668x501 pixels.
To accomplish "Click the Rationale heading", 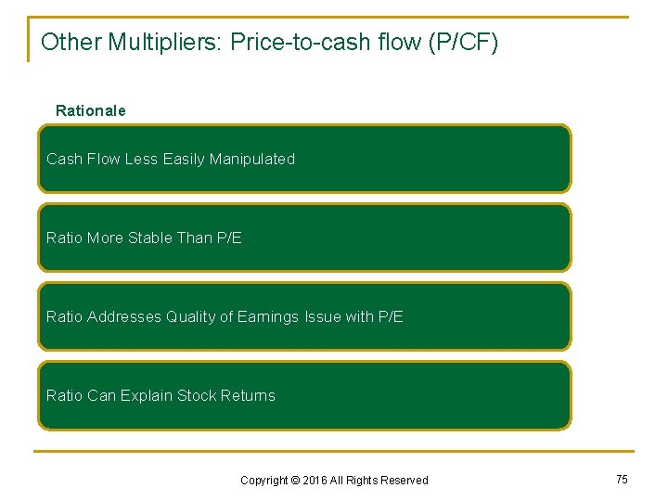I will [91, 110].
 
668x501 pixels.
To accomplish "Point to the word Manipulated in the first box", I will [252, 159].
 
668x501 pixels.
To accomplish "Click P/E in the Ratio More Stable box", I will [228, 238].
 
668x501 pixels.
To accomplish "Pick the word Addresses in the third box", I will [124, 316].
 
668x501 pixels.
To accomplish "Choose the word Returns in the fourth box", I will [248, 395].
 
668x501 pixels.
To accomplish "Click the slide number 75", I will [622, 479].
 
